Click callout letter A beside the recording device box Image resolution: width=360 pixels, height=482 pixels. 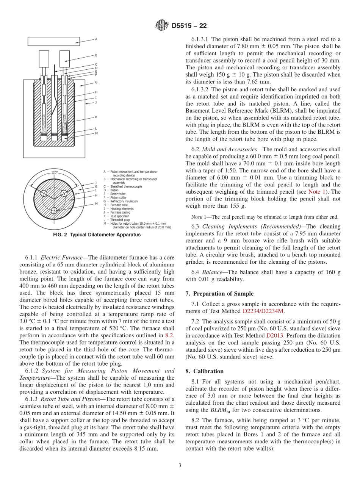96,39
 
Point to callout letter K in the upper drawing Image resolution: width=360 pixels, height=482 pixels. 96,117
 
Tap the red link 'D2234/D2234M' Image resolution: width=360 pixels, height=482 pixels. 263,311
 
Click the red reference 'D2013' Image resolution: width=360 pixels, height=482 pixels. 273,335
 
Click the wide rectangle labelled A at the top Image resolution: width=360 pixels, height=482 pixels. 54,41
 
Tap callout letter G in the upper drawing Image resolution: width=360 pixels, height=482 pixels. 96,82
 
